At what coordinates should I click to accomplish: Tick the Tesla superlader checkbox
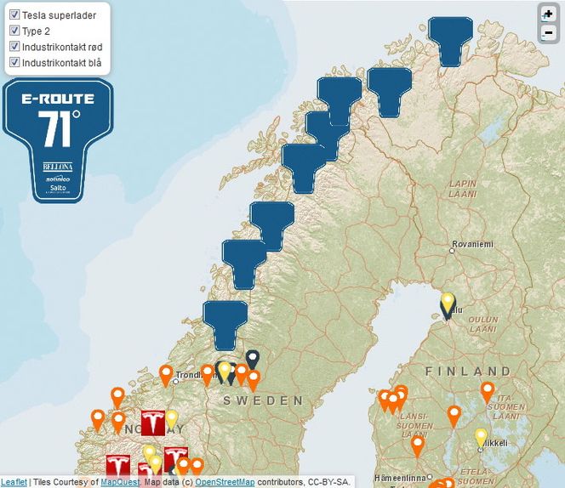click(14, 15)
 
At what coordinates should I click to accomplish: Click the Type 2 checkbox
click(14, 31)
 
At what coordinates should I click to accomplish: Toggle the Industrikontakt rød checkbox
click(14, 47)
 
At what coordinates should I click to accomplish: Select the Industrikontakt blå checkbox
click(14, 62)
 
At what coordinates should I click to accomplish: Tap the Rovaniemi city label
click(472, 244)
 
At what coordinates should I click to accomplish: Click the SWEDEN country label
click(263, 400)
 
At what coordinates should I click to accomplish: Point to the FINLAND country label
click(468, 372)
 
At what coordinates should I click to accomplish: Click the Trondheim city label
click(192, 375)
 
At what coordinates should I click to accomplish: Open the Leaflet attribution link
click(13, 482)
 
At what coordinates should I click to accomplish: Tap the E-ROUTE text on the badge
click(59, 98)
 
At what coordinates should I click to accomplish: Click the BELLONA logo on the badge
click(58, 167)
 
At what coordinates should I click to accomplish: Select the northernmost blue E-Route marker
click(450, 37)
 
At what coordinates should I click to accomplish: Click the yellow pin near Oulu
click(448, 303)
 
